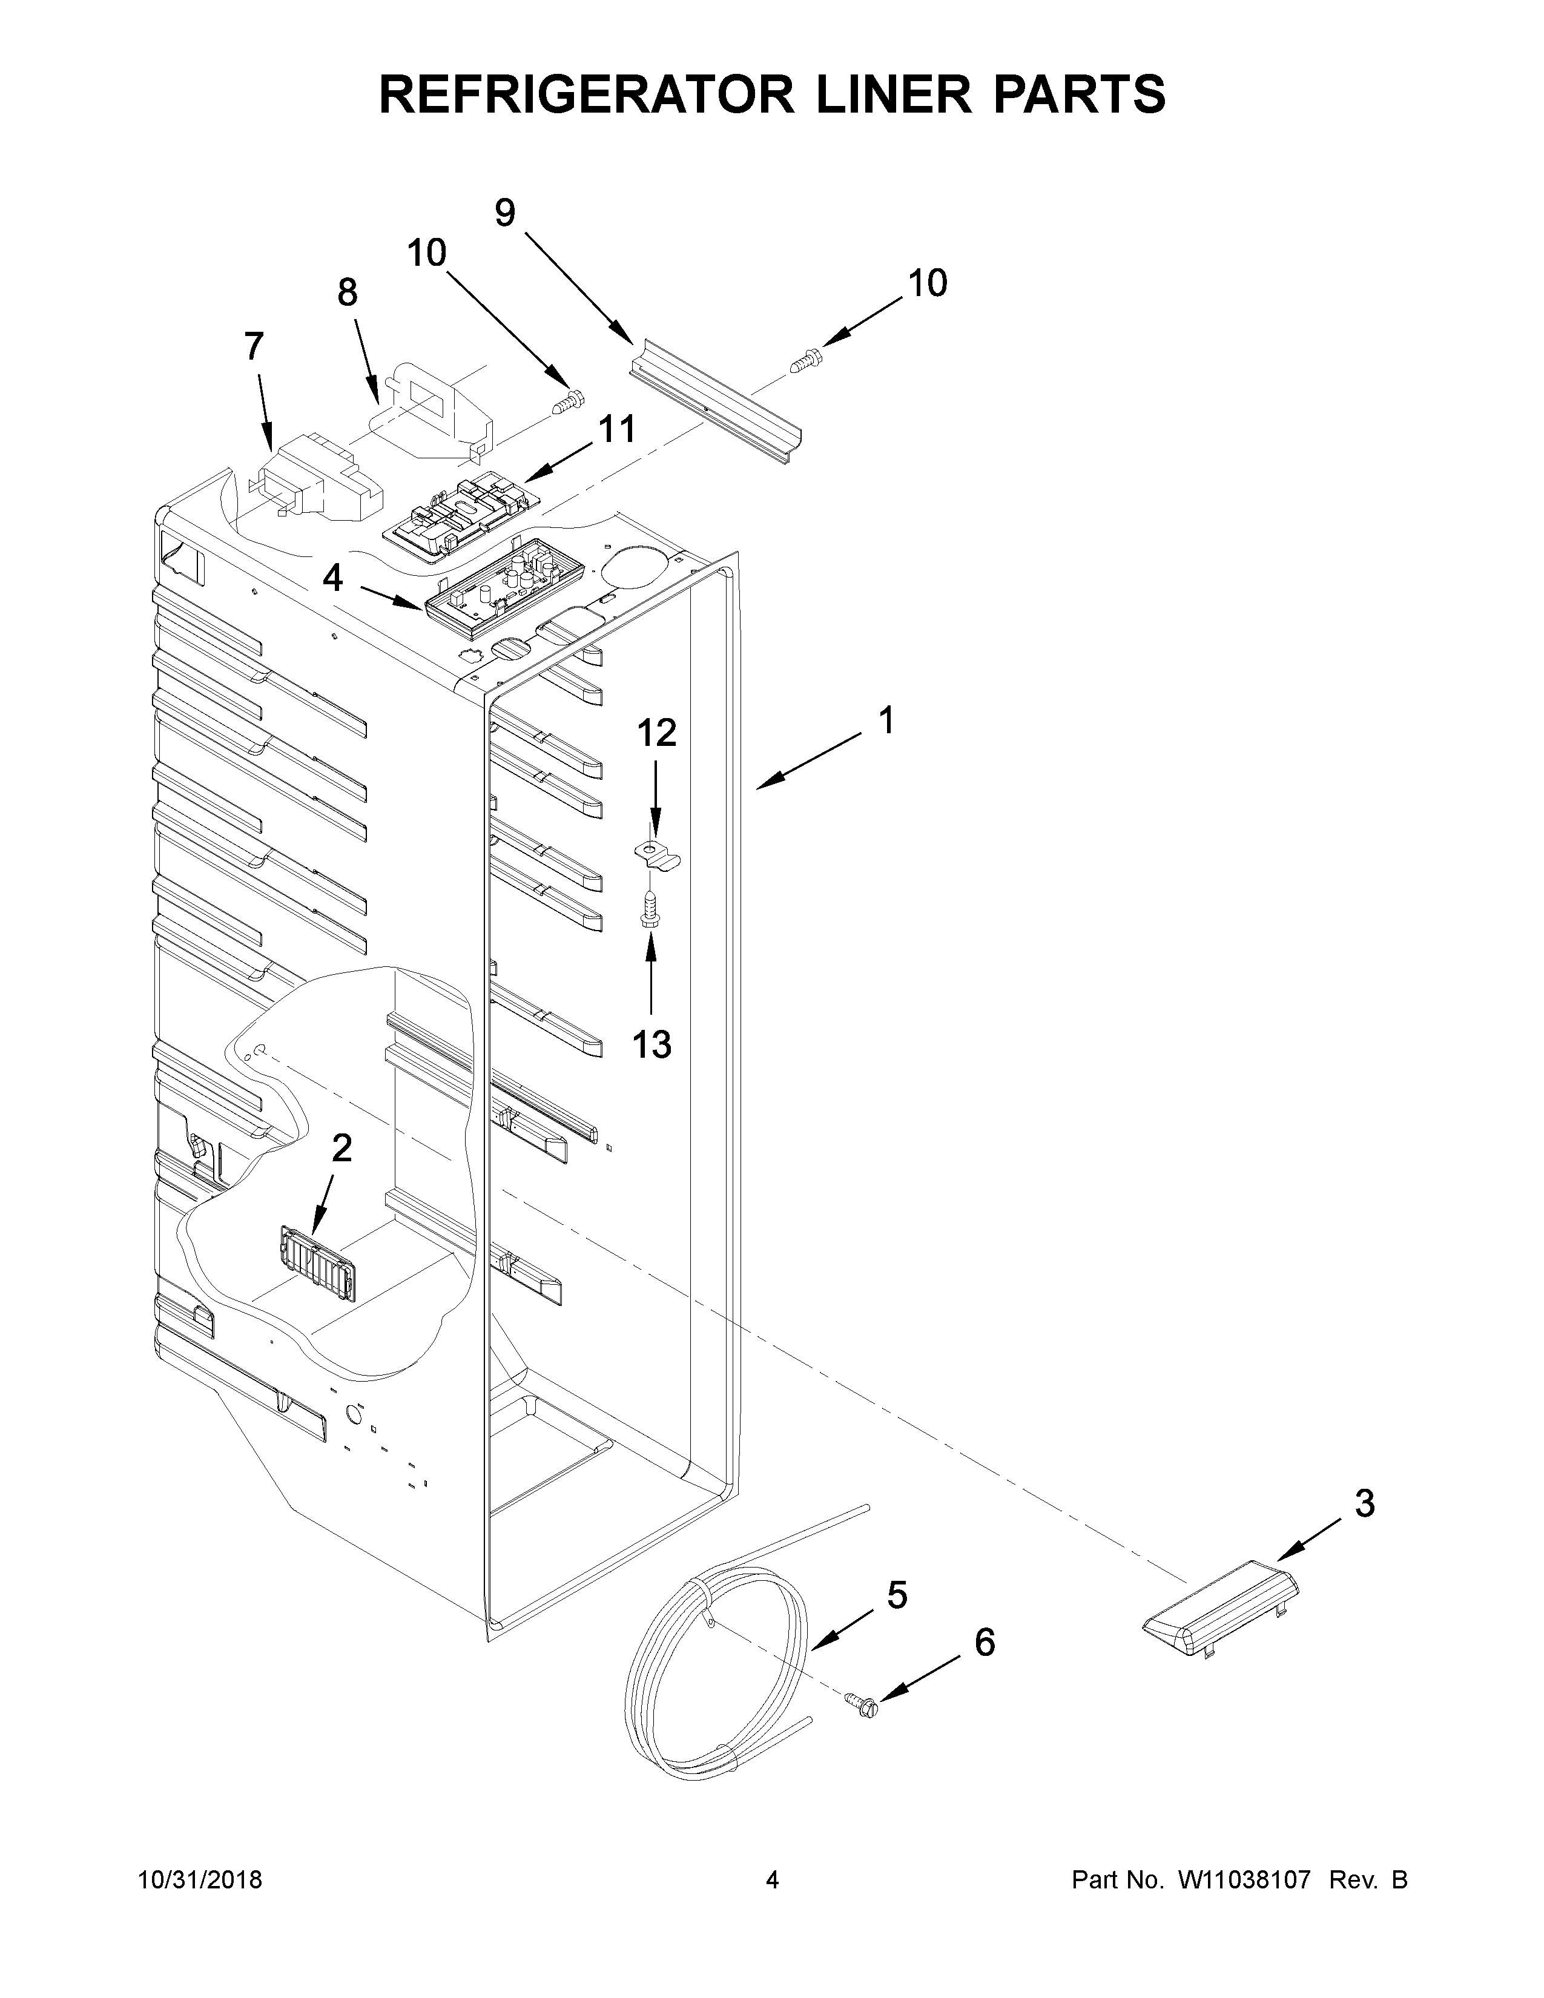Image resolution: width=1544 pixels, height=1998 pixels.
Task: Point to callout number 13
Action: (652, 1044)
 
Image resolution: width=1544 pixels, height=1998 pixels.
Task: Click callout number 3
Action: (1364, 1504)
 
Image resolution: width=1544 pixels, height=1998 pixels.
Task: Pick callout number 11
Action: (618, 428)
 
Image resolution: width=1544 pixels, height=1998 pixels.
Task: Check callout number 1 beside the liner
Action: (885, 721)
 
